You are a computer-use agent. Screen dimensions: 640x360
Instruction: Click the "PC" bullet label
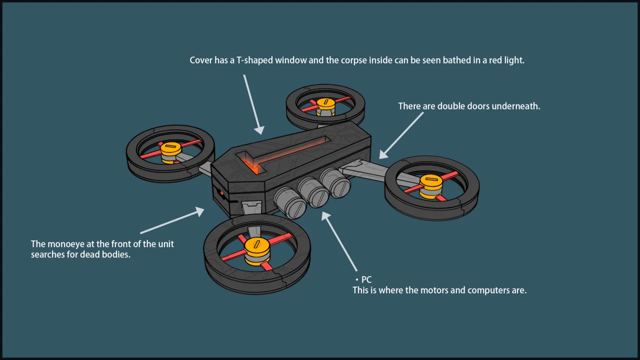coord(366,279)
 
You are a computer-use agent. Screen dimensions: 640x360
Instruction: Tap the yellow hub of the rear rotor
coord(325,106)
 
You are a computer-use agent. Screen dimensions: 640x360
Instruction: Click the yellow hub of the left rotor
coord(170,152)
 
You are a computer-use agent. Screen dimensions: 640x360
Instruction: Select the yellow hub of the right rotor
coord(431,186)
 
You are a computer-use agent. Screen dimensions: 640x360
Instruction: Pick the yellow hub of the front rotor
coord(257,251)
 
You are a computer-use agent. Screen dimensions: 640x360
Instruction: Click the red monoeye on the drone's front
coord(222,194)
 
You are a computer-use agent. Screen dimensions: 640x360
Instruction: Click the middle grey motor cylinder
coord(313,192)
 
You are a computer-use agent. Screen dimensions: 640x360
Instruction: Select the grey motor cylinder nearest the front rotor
coord(290,202)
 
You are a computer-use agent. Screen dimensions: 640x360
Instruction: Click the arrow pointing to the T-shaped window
coord(253,104)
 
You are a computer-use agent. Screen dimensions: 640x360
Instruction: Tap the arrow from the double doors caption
coord(401,135)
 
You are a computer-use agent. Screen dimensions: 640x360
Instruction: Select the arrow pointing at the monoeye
coord(172,220)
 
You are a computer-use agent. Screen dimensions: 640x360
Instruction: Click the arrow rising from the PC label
coord(339,241)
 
